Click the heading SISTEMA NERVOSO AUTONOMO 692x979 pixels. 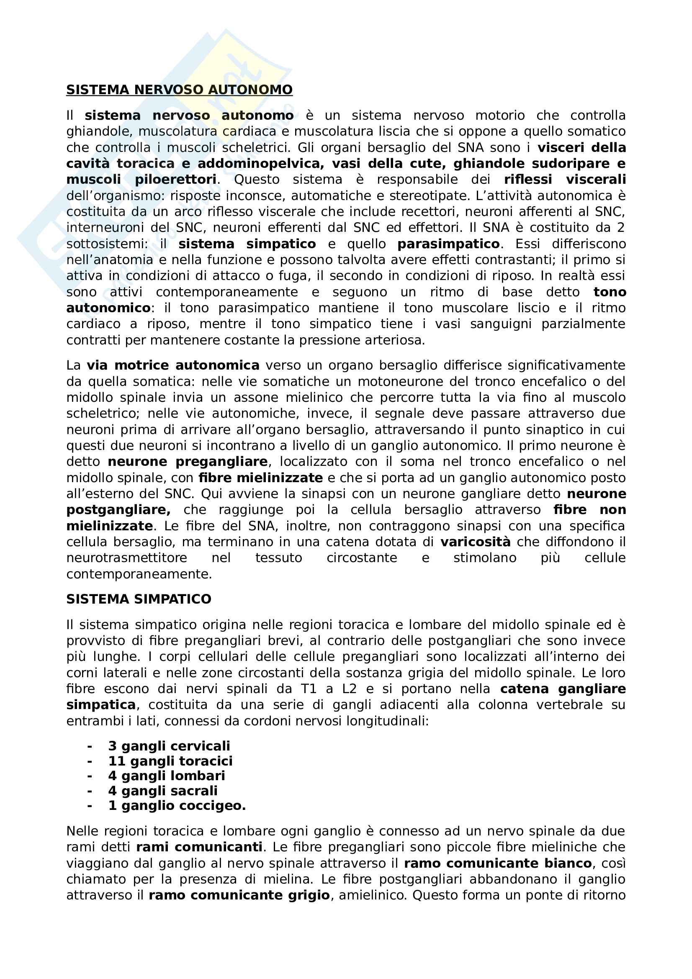(x=179, y=90)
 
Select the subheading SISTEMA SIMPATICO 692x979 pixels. (x=139, y=599)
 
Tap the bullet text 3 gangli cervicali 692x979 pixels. (x=169, y=746)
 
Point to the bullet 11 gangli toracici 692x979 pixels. (x=170, y=761)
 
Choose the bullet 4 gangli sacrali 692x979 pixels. (x=163, y=791)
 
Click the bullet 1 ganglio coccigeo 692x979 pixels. (x=177, y=805)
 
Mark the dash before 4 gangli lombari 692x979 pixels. (x=90, y=776)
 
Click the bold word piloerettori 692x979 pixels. (x=176, y=180)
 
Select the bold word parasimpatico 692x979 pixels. (x=448, y=244)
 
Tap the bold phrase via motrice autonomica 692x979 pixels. (x=173, y=365)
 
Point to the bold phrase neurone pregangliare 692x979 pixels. (x=188, y=461)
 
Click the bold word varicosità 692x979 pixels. (x=476, y=542)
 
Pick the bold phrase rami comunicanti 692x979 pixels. (x=199, y=847)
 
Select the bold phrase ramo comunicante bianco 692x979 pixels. (x=498, y=863)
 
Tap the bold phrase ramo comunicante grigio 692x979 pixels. (x=239, y=895)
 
